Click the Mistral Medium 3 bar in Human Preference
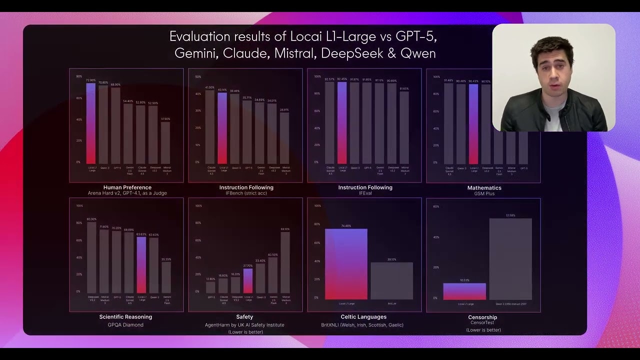click(x=165, y=143)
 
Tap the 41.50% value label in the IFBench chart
click(x=210, y=87)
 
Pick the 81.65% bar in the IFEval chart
click(x=404, y=127)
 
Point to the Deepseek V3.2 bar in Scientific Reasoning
click(x=91, y=257)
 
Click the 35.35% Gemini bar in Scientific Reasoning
click(x=166, y=277)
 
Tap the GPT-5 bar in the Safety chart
click(x=210, y=287)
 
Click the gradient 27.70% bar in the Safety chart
click(x=248, y=280)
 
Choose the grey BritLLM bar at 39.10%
click(x=391, y=280)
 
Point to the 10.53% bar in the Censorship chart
click(x=464, y=291)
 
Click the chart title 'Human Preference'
click(x=127, y=187)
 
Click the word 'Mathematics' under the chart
click(x=484, y=188)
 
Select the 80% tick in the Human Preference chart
click(x=79, y=76)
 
